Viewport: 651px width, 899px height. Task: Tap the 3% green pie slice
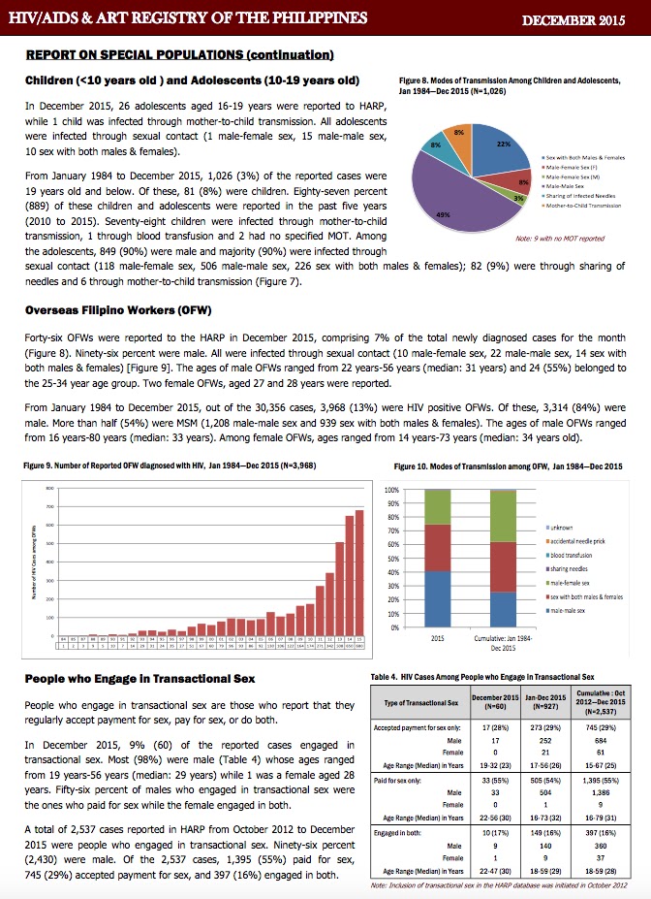518,197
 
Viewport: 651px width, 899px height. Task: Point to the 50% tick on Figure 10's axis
391,559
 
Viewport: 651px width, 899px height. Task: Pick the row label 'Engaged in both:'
400,833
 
